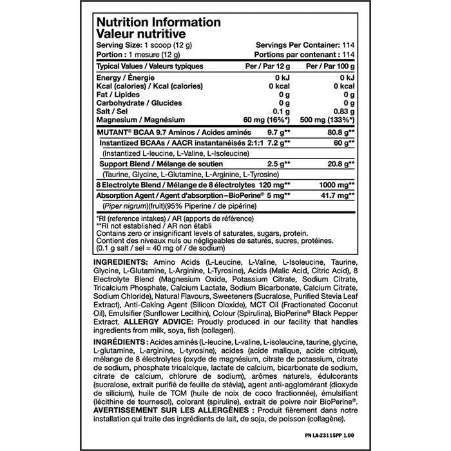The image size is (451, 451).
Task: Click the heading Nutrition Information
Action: (158, 21)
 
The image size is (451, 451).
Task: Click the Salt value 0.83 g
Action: (341, 110)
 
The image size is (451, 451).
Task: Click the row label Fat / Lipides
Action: (122, 93)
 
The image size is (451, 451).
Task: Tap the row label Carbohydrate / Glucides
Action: (135, 102)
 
